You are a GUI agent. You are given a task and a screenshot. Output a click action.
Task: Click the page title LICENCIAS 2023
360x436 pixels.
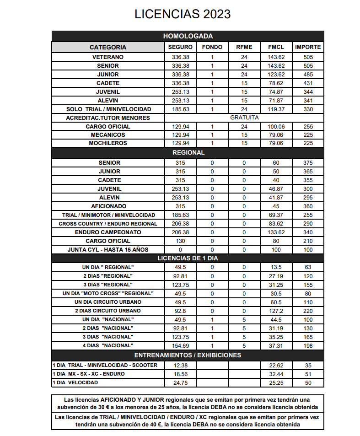pos(183,14)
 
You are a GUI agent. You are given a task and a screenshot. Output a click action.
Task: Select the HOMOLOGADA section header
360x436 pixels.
pos(188,36)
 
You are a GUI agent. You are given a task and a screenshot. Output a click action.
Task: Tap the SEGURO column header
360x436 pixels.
pos(180,47)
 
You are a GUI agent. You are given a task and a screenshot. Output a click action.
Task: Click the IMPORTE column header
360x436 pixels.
pos(308,47)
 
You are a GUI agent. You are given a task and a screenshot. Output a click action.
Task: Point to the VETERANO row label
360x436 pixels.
pos(108,57)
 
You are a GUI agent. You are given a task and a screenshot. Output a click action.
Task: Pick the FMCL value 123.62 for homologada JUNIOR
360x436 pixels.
pos(276,75)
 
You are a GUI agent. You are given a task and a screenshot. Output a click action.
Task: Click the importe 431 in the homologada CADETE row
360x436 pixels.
pos(308,83)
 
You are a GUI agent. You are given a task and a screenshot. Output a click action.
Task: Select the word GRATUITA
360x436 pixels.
pos(244,118)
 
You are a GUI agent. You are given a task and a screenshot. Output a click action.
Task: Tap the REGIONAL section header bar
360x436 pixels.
pos(188,152)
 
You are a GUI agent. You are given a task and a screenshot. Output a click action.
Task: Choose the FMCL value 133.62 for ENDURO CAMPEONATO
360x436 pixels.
pos(276,232)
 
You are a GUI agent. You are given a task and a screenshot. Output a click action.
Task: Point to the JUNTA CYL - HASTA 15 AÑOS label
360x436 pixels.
pos(108,250)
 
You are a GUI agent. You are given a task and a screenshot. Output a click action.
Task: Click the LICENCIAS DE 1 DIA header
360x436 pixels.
pos(188,258)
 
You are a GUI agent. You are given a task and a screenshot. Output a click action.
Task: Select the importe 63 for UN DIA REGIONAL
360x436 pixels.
pos(308,267)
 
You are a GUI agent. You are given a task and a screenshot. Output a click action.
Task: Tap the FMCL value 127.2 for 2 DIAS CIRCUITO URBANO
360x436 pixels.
pos(276,311)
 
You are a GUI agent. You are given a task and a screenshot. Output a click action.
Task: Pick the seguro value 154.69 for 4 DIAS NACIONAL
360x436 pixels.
pos(180,345)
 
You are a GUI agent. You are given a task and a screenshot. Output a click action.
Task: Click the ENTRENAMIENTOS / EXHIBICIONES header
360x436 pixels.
pos(188,355)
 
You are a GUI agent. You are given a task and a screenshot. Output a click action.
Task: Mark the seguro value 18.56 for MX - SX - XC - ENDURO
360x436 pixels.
pos(180,374)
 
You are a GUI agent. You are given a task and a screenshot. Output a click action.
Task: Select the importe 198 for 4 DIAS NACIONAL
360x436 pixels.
pos(308,345)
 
